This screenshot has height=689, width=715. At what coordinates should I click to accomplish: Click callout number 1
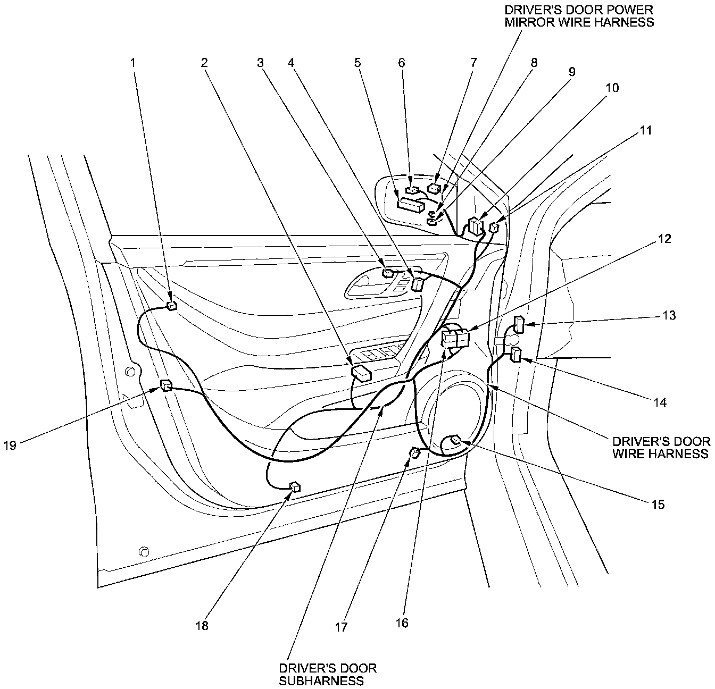(x=134, y=63)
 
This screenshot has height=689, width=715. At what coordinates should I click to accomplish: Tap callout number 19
(x=10, y=445)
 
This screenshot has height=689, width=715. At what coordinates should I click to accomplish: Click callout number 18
(x=202, y=626)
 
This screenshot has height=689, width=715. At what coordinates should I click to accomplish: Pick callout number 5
(x=358, y=63)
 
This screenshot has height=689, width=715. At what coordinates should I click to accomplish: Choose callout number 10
(x=612, y=88)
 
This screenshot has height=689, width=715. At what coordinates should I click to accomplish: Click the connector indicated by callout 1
(x=172, y=305)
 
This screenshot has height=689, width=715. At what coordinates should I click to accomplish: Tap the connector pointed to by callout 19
(x=166, y=385)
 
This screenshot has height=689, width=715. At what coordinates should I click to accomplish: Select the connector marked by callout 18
(x=295, y=486)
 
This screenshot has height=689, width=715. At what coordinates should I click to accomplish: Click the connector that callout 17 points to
(x=414, y=452)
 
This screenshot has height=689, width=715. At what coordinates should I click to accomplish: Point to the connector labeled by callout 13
(x=519, y=324)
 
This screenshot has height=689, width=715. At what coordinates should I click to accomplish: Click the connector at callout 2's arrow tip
(x=362, y=373)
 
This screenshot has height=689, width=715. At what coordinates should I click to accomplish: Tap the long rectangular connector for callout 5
(x=411, y=204)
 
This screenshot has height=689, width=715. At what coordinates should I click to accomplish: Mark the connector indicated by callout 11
(x=494, y=228)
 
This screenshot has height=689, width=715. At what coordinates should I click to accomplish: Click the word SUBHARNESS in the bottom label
(x=321, y=681)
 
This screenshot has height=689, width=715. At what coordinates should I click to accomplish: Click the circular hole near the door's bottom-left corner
(x=143, y=551)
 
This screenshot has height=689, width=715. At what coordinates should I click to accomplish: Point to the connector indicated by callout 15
(x=456, y=439)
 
